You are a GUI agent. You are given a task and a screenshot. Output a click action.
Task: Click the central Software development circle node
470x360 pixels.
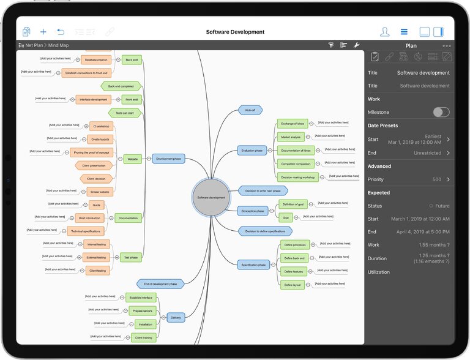click(x=211, y=198)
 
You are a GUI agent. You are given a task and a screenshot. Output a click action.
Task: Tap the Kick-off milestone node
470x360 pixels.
click(x=250, y=110)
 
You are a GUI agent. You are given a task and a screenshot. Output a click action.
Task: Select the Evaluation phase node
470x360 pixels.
click(x=252, y=150)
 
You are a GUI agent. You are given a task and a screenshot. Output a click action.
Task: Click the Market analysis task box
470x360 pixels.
click(x=290, y=137)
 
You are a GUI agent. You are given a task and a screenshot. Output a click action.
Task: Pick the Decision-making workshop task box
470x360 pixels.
click(x=297, y=177)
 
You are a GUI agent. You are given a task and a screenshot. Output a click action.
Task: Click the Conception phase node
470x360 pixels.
click(x=253, y=211)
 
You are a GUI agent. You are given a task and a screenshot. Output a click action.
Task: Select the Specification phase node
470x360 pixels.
click(x=253, y=264)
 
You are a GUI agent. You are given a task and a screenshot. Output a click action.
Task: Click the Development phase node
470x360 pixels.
click(x=168, y=159)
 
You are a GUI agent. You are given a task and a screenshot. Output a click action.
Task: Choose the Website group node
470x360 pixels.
click(x=132, y=159)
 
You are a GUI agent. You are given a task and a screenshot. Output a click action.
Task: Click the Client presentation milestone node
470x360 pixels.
click(x=94, y=165)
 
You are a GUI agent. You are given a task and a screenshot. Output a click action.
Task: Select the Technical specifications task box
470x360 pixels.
click(x=85, y=231)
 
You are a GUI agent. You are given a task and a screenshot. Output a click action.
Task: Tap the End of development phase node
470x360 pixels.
click(x=160, y=283)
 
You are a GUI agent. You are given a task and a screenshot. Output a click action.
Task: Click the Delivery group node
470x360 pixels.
click(x=176, y=317)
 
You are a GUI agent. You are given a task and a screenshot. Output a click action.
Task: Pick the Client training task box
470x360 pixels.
click(x=144, y=337)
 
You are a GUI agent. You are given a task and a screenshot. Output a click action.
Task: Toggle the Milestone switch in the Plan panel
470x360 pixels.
click(x=441, y=112)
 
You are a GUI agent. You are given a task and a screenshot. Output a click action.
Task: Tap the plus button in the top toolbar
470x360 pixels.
click(x=43, y=32)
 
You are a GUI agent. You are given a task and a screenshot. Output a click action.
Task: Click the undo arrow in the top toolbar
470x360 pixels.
click(x=61, y=32)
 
